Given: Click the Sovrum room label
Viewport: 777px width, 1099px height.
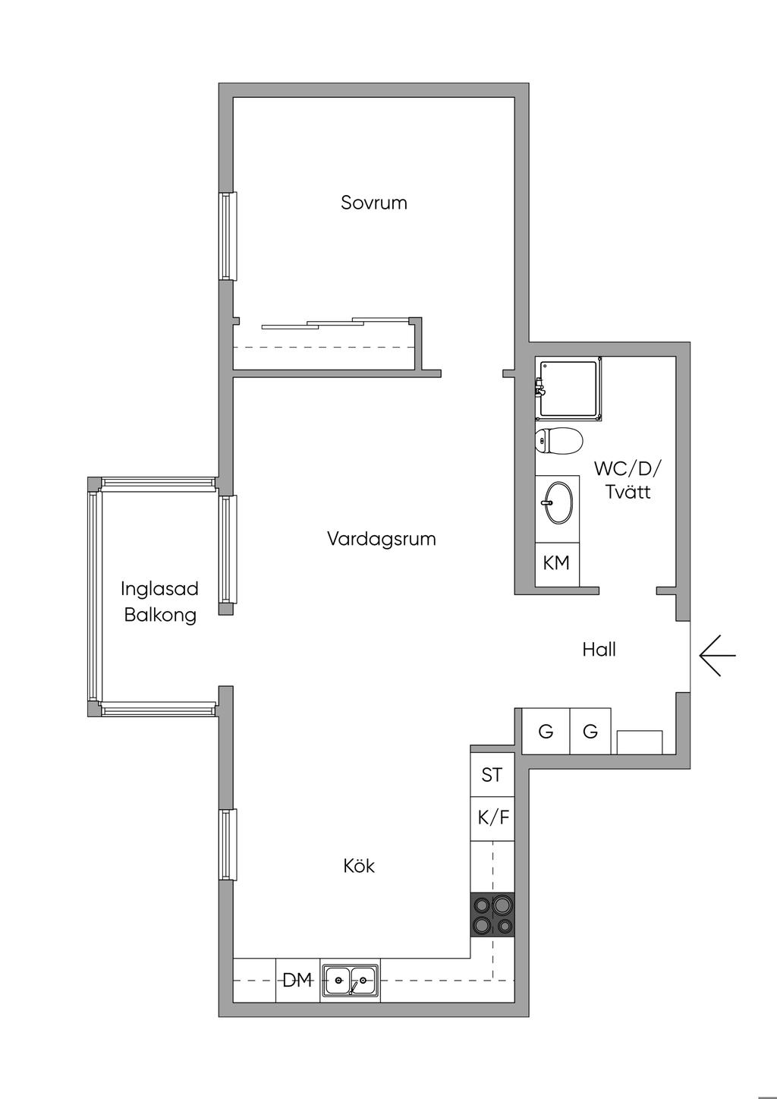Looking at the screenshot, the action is pos(374,203).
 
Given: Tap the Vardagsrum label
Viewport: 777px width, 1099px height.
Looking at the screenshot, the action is pos(381,539).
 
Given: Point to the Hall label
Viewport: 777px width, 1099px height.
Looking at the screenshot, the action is pos(599,650).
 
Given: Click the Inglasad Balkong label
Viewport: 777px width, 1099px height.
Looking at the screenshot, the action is pos(160,602).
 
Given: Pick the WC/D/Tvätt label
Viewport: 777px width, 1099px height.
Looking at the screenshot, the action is pos(628,480).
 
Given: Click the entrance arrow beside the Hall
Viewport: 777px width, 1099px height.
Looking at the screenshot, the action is pos(717,655).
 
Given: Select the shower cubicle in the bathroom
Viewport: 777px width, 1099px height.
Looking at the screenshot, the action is pos(568,389).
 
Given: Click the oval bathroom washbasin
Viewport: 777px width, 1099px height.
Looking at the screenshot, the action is pos(558,503).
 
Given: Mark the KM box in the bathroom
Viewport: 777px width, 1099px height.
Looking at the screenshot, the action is pos(557,564).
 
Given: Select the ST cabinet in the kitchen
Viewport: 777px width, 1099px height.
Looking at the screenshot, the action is pos(492,775).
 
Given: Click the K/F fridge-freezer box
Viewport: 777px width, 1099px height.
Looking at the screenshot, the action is pos(492,819).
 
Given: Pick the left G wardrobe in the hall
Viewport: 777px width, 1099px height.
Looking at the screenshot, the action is pos(546,731).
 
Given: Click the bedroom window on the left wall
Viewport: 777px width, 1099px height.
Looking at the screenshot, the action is pos(228,236).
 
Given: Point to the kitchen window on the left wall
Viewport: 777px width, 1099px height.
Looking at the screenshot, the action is pos(228,845).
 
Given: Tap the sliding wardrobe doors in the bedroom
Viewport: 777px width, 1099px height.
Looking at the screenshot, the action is pos(335,323).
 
